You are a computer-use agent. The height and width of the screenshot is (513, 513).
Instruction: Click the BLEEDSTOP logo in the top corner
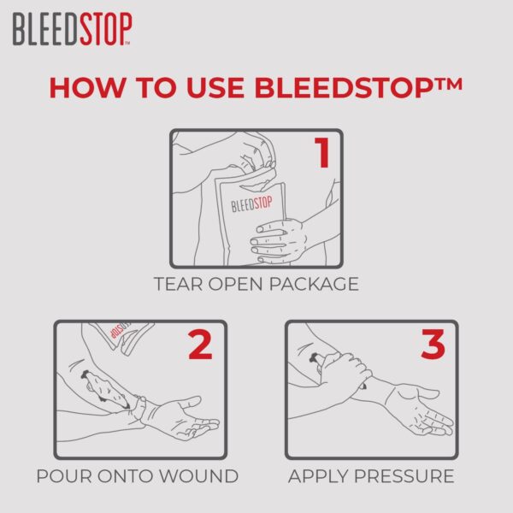click(72, 30)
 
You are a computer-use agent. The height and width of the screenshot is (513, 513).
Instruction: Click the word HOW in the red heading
click(86, 87)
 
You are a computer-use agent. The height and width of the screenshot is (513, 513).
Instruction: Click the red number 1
click(321, 153)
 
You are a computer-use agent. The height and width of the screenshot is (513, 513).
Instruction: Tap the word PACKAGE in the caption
click(315, 284)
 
